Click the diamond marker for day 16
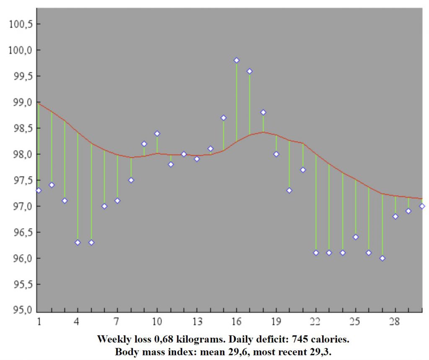236,60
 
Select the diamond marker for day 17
250,71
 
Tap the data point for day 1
39,190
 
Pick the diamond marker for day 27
382,258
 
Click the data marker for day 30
422,206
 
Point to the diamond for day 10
157,134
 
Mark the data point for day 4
78,242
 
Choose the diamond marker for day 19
276,154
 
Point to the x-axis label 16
236,322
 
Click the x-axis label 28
395,322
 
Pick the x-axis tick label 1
39,322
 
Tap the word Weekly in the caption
112,338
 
